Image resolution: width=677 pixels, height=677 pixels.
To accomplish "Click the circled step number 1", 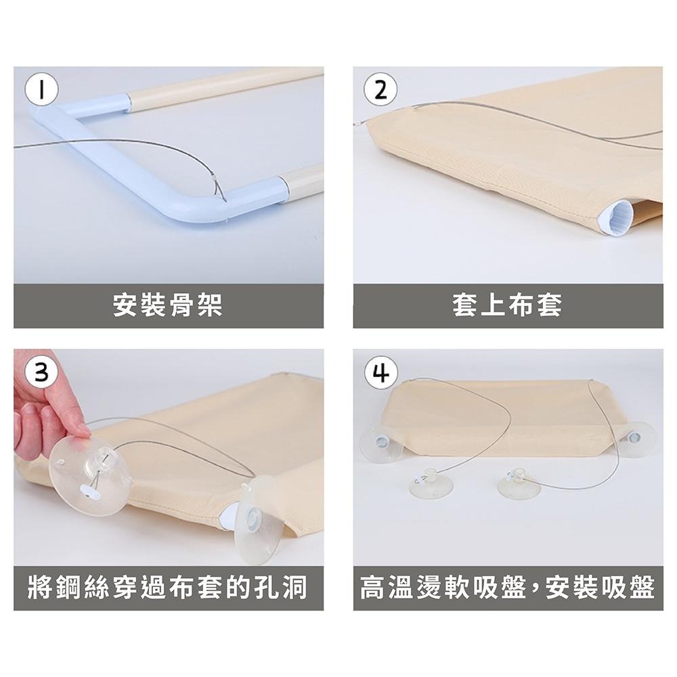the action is click(x=41, y=90).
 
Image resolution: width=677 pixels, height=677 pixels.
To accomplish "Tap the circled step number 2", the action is click(x=380, y=90).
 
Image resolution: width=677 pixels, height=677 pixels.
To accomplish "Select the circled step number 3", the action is click(x=41, y=372).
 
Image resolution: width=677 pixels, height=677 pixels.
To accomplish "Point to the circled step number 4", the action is click(x=380, y=372).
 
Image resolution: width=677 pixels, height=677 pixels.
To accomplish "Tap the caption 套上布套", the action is click(x=507, y=305).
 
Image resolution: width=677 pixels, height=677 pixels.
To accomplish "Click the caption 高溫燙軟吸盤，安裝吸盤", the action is click(x=508, y=588).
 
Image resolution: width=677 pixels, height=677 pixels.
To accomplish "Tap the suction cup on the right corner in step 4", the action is click(x=636, y=439).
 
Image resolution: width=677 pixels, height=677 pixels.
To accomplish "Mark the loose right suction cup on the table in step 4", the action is click(x=519, y=483).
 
